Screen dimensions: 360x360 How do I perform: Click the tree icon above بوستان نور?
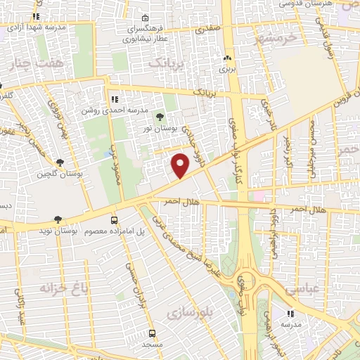tap(160, 116)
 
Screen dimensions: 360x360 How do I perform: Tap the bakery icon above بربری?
tap(227, 59)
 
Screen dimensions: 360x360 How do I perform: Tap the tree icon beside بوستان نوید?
tap(58, 220)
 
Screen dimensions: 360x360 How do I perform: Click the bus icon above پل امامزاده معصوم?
tap(115, 219)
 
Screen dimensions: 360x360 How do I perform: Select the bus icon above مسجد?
tap(153, 333)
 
